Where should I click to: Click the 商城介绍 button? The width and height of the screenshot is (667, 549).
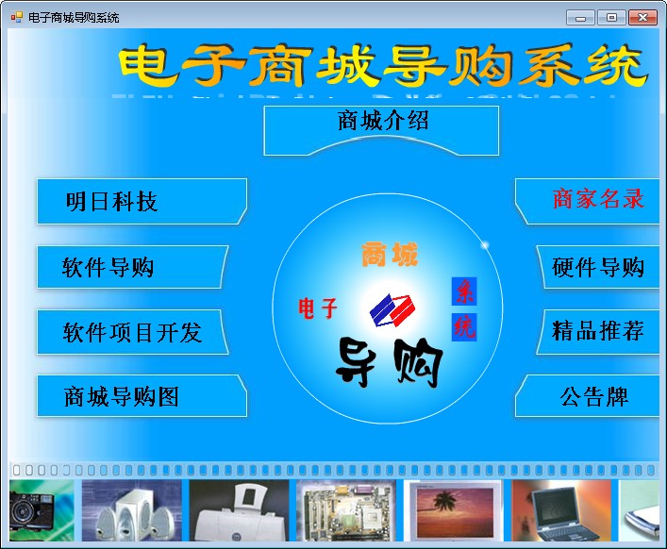pos(381,130)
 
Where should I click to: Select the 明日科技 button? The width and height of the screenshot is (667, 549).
pos(142,201)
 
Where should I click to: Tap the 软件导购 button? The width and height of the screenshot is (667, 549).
pos(132,267)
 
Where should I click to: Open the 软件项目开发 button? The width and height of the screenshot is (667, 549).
pos(132,332)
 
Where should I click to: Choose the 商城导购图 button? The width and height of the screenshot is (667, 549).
pos(142,396)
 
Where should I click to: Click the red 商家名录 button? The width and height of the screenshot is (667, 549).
pos(588,201)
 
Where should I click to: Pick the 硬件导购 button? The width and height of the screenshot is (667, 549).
pos(598,267)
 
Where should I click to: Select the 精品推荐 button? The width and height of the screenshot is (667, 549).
pos(598,332)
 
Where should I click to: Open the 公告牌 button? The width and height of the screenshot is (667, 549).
pos(588,396)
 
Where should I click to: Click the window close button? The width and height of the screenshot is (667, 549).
pos(642,17)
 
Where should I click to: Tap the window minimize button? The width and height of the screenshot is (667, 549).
pos(580,17)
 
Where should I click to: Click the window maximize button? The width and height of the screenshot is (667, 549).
pos(611,17)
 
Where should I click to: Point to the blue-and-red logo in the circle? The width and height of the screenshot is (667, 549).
pos(392,310)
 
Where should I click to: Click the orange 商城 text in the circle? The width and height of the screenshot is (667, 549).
pos(390,255)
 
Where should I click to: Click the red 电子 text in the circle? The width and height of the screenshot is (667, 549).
pos(318,308)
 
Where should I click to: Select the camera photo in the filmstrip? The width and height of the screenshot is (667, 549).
pos(42,510)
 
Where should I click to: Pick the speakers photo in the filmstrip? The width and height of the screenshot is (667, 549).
pos(131,510)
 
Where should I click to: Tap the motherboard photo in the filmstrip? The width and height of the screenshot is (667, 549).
pos(346,510)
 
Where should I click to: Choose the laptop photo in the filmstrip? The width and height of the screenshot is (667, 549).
pos(561,510)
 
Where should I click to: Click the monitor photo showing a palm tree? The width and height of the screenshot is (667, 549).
pos(454,510)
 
